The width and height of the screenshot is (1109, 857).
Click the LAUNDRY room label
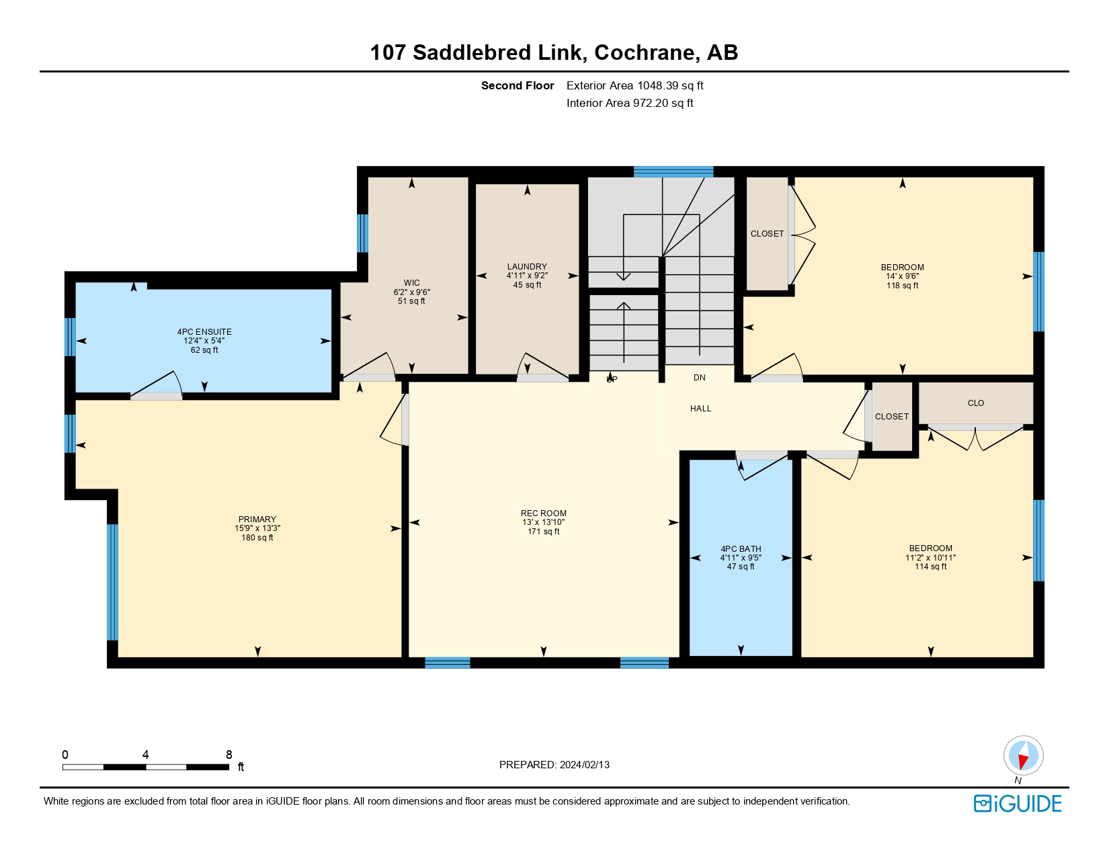(x=527, y=267)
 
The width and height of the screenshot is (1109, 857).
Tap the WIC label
(x=411, y=283)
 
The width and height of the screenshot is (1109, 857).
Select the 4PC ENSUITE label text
(x=204, y=332)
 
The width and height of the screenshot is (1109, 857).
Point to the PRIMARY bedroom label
(x=257, y=520)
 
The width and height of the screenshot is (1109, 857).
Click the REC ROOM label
(x=543, y=514)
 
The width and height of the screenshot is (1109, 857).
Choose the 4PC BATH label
(x=741, y=549)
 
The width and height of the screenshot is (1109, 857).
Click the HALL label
(x=700, y=409)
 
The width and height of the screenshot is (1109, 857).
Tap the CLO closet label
(x=975, y=403)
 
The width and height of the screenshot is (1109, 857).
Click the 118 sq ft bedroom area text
(x=902, y=286)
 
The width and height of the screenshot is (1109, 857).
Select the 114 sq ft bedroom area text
(x=930, y=567)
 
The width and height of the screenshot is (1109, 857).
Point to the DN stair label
(x=700, y=378)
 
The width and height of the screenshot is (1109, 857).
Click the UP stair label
(x=612, y=380)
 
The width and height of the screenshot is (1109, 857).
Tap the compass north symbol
(x=1023, y=756)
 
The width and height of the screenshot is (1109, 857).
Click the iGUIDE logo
(x=1018, y=803)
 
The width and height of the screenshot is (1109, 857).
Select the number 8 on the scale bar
(x=229, y=755)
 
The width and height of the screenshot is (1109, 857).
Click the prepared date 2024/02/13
(x=585, y=765)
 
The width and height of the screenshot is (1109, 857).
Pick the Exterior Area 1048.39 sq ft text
(x=634, y=85)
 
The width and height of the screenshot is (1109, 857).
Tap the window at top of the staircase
(x=673, y=171)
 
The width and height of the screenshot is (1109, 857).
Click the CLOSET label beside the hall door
(x=891, y=417)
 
